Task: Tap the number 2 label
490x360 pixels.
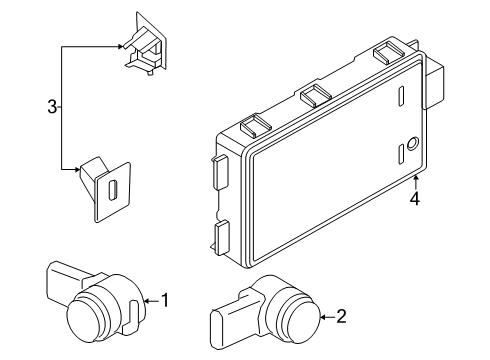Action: [x=341, y=318]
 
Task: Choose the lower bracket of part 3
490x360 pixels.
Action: [x=105, y=188]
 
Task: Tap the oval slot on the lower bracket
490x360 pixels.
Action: [x=112, y=189]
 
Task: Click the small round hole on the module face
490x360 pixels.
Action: [x=410, y=141]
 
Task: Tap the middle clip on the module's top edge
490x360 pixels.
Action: [x=316, y=95]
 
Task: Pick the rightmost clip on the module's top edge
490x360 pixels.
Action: [x=386, y=55]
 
